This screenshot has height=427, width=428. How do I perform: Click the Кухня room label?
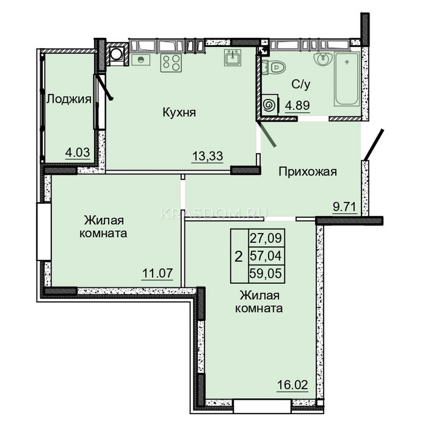179,113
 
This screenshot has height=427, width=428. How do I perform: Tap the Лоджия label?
69,100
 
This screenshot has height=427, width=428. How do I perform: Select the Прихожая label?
308,172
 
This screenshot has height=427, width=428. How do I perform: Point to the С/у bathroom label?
301,84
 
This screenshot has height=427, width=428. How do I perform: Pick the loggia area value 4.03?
78,153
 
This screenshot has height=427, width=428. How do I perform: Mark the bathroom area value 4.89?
297,105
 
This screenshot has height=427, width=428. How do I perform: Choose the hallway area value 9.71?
345,207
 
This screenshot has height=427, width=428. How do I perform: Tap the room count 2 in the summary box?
239,257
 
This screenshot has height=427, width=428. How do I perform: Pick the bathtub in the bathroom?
347,79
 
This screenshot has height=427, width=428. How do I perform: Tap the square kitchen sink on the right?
233,57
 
